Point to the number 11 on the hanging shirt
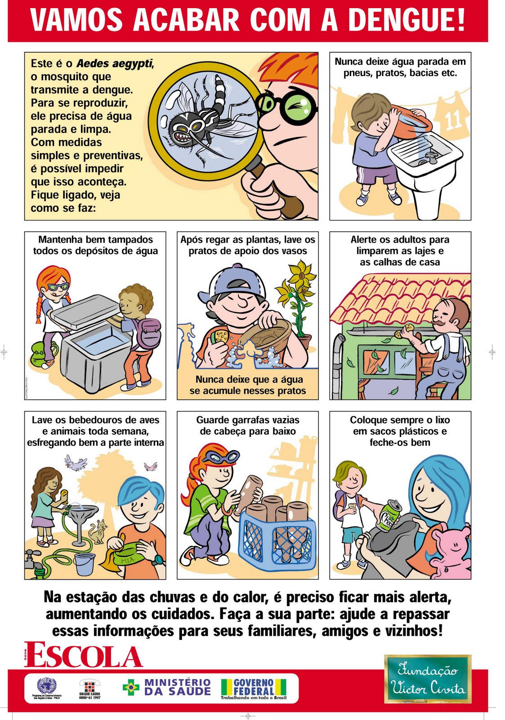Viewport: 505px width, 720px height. [453, 119]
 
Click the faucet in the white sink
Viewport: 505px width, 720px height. [429, 157]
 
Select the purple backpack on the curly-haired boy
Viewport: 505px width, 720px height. [148, 333]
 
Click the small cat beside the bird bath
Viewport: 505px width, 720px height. [98, 531]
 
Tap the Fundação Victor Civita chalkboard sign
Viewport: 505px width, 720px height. [428, 679]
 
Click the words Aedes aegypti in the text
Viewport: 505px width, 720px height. [115, 63]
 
